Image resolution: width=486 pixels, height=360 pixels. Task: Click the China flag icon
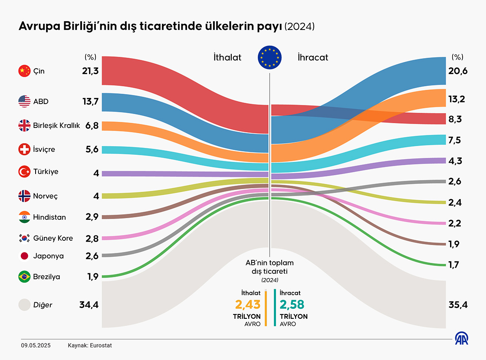point(24,71)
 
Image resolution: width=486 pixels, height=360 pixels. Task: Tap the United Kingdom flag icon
point(24,126)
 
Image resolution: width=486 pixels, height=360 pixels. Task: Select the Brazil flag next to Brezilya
point(24,277)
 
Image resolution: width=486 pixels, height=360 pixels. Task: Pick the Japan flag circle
point(24,256)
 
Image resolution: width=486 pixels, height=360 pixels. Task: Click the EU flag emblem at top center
point(269,57)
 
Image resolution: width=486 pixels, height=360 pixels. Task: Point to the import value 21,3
point(90,71)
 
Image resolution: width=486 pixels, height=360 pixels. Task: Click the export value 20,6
point(458,71)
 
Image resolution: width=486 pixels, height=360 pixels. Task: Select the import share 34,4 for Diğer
point(89,305)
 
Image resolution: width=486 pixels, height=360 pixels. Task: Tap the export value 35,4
point(458,305)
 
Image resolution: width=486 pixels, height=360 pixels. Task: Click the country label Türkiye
point(46,172)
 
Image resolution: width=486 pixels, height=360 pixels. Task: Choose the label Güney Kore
point(53,238)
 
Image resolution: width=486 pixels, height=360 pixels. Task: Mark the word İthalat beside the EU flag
point(227,57)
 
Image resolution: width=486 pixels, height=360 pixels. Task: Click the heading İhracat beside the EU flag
point(313,57)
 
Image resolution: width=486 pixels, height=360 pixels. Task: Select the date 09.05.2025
point(36,346)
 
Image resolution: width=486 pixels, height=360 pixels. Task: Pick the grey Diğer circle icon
point(24,305)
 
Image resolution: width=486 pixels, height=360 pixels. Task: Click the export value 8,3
point(454,119)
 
